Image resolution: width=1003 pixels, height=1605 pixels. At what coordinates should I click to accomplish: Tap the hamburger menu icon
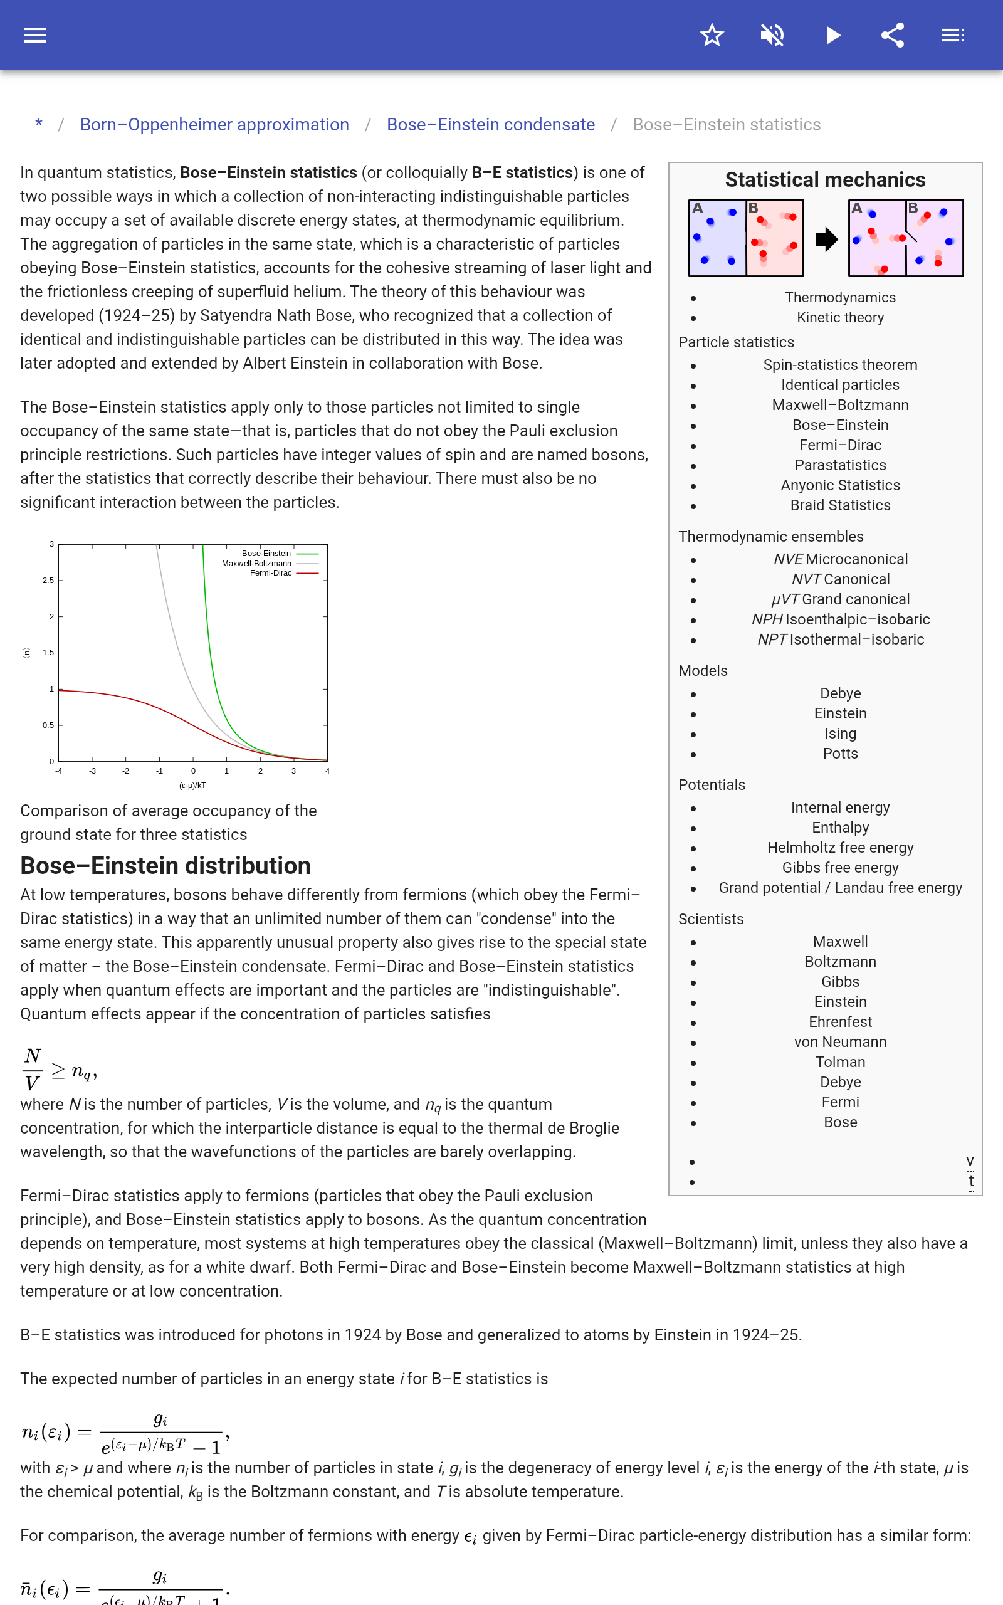35,35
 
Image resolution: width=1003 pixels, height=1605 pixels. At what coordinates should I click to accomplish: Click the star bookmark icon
712,35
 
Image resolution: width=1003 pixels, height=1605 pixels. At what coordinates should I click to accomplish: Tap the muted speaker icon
772,35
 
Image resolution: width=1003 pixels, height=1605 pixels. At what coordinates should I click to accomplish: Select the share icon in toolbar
893,35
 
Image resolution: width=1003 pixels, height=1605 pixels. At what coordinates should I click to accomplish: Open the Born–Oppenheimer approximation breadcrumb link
214,125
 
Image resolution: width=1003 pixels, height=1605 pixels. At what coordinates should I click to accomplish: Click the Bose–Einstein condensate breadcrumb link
490,125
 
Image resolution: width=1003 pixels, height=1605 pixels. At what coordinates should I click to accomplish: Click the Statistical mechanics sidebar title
824,180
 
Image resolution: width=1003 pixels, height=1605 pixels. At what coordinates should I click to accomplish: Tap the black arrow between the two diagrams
826,239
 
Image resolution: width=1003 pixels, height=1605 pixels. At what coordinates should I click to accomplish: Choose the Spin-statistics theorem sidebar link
840,365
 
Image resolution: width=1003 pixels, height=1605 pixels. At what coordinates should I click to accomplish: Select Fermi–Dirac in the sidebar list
840,445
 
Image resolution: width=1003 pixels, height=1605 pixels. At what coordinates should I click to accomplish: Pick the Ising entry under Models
840,734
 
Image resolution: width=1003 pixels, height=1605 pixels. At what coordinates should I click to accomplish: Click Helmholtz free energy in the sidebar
840,848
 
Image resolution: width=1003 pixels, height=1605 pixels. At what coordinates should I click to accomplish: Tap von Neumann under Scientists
840,1042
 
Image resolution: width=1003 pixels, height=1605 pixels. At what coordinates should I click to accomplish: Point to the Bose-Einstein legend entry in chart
266,553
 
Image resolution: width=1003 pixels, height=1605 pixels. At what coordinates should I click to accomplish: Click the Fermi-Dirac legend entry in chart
271,573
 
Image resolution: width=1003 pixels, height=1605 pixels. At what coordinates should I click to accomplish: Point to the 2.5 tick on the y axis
48,581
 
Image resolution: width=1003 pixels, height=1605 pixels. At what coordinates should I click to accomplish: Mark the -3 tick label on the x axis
92,771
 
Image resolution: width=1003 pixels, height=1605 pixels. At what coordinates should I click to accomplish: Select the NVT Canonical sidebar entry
840,579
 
